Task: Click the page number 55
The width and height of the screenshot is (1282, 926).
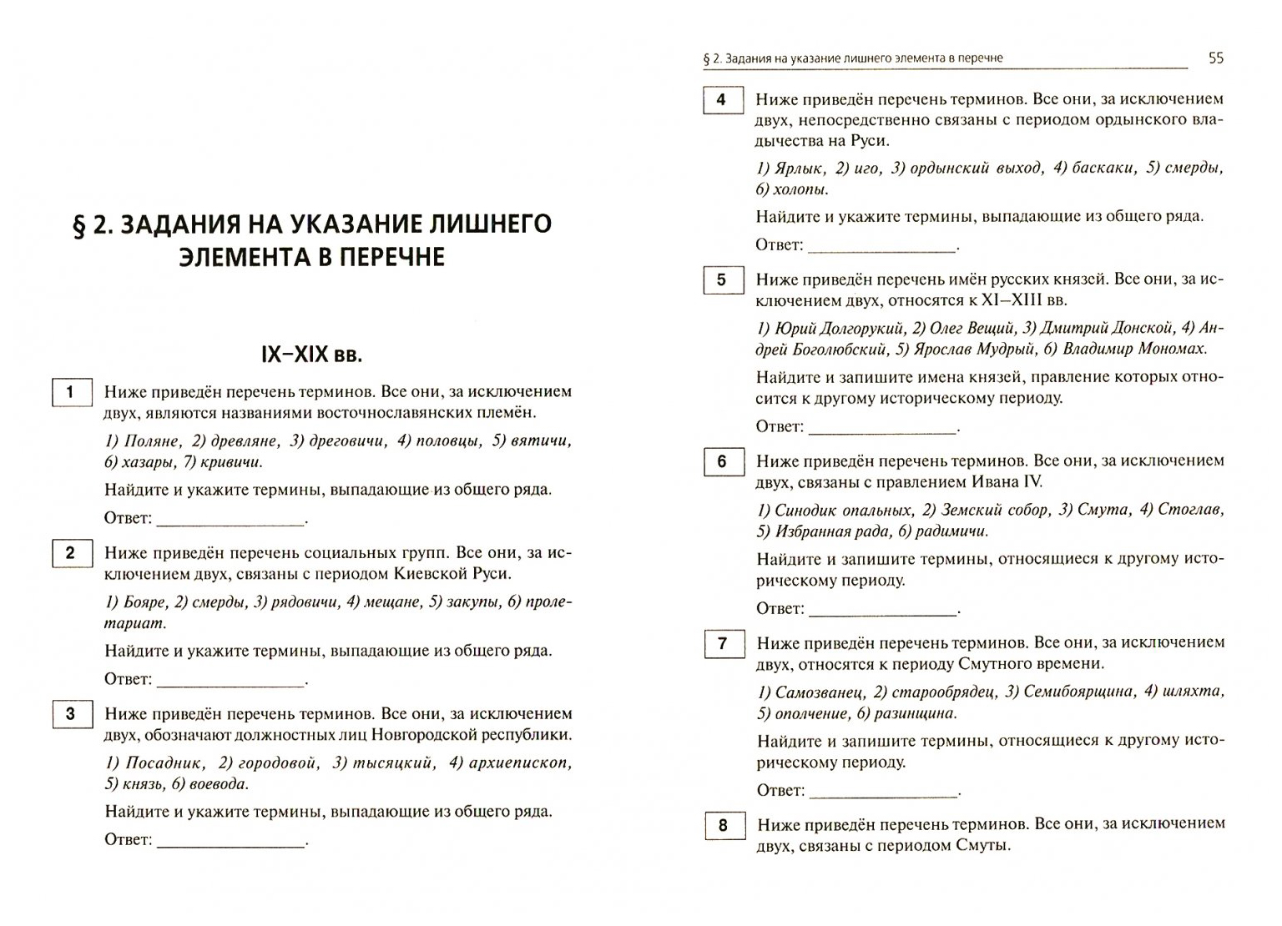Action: point(1215,58)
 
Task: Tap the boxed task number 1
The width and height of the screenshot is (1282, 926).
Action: point(70,392)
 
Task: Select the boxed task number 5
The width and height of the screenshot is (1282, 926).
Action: point(722,280)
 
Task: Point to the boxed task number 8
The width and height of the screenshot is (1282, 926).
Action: point(723,826)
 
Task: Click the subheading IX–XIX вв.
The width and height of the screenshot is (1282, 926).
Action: point(311,355)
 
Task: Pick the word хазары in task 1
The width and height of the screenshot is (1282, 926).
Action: point(148,462)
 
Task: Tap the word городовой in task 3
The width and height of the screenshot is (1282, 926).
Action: point(279,762)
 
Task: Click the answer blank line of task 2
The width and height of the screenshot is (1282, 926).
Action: point(230,685)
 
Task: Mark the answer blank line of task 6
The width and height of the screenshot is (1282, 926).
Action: point(883,615)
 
